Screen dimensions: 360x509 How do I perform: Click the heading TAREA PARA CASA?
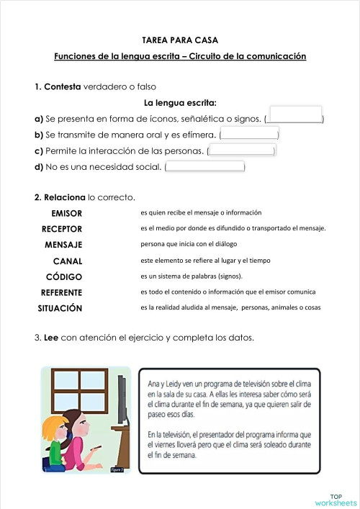click(180, 40)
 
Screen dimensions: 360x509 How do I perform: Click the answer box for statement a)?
click(294, 114)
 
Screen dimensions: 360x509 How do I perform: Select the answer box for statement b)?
click(249, 133)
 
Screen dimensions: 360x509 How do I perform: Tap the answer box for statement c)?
click(241, 150)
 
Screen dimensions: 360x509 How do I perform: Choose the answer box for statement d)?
click(204, 167)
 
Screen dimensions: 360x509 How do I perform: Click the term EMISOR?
click(67, 214)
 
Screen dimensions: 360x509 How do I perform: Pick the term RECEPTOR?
click(62, 229)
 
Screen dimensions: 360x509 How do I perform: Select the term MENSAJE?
click(63, 245)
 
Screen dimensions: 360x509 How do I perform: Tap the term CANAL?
click(68, 261)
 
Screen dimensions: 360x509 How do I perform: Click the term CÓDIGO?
click(64, 276)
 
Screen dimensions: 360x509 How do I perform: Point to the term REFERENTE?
click(61, 292)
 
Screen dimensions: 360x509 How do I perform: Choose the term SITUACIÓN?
click(60, 308)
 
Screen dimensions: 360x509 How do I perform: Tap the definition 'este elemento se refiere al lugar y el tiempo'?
click(205, 260)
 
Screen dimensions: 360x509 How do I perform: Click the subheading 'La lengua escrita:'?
click(181, 102)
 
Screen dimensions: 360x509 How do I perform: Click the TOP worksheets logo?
click(336, 500)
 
